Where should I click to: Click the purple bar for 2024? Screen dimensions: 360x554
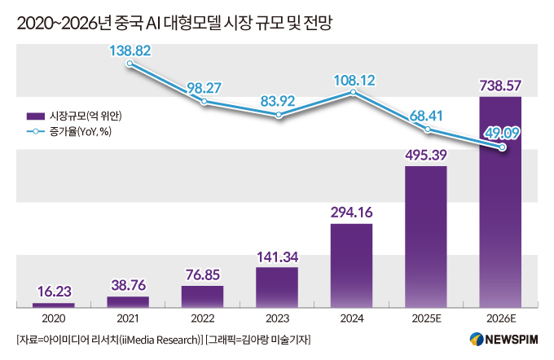(x=351, y=265)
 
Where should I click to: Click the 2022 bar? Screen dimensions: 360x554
(x=202, y=296)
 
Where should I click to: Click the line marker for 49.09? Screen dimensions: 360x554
(x=503, y=147)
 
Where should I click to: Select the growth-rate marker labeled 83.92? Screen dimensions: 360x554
(x=279, y=116)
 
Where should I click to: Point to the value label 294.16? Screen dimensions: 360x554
(x=351, y=212)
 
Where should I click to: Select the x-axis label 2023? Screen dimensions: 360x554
(x=277, y=318)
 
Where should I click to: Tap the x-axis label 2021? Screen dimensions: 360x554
(x=128, y=318)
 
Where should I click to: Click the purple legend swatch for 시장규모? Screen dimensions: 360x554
(x=36, y=115)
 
